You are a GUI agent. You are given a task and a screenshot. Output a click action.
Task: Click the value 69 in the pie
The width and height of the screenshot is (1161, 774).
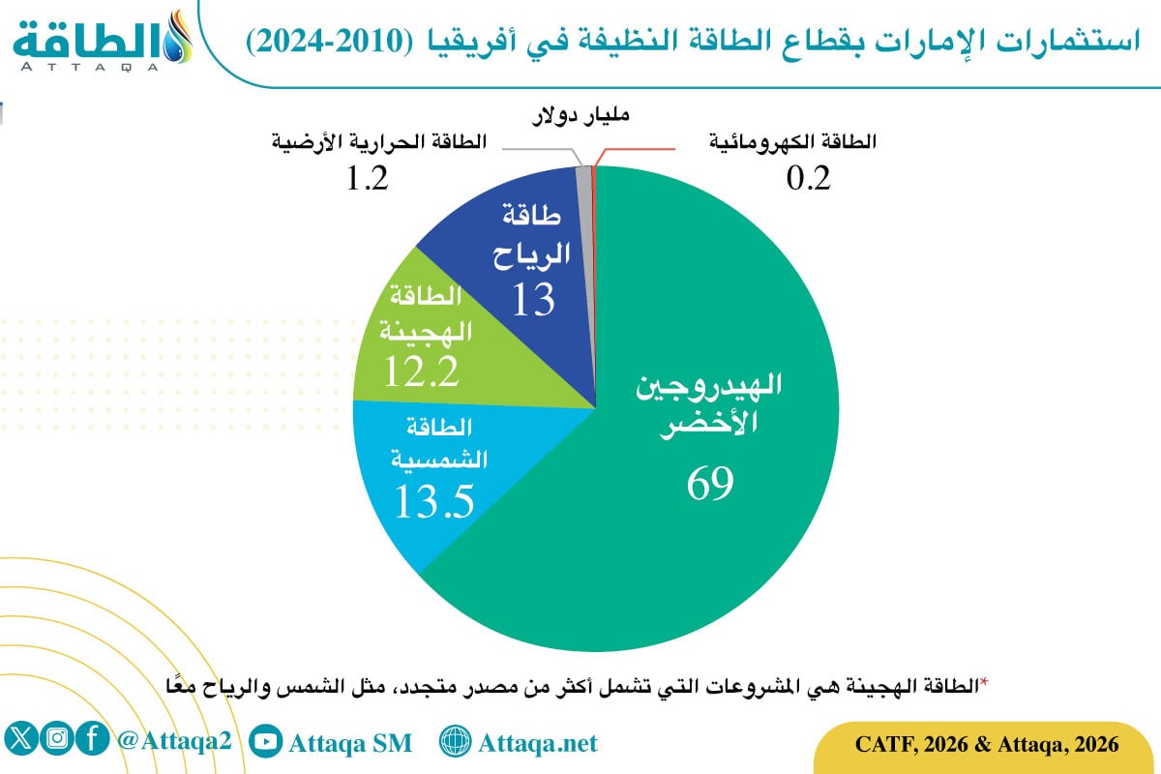coord(710,483)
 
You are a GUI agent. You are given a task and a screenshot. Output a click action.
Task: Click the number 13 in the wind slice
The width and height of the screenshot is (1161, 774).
coord(532,300)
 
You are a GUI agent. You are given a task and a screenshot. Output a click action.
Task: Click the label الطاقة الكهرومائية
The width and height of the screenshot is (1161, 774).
coord(792,141)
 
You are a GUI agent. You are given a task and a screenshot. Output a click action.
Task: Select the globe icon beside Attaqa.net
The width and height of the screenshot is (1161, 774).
coord(454,742)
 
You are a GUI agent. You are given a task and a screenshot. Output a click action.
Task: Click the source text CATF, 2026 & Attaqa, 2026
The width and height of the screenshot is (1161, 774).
coord(987,744)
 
